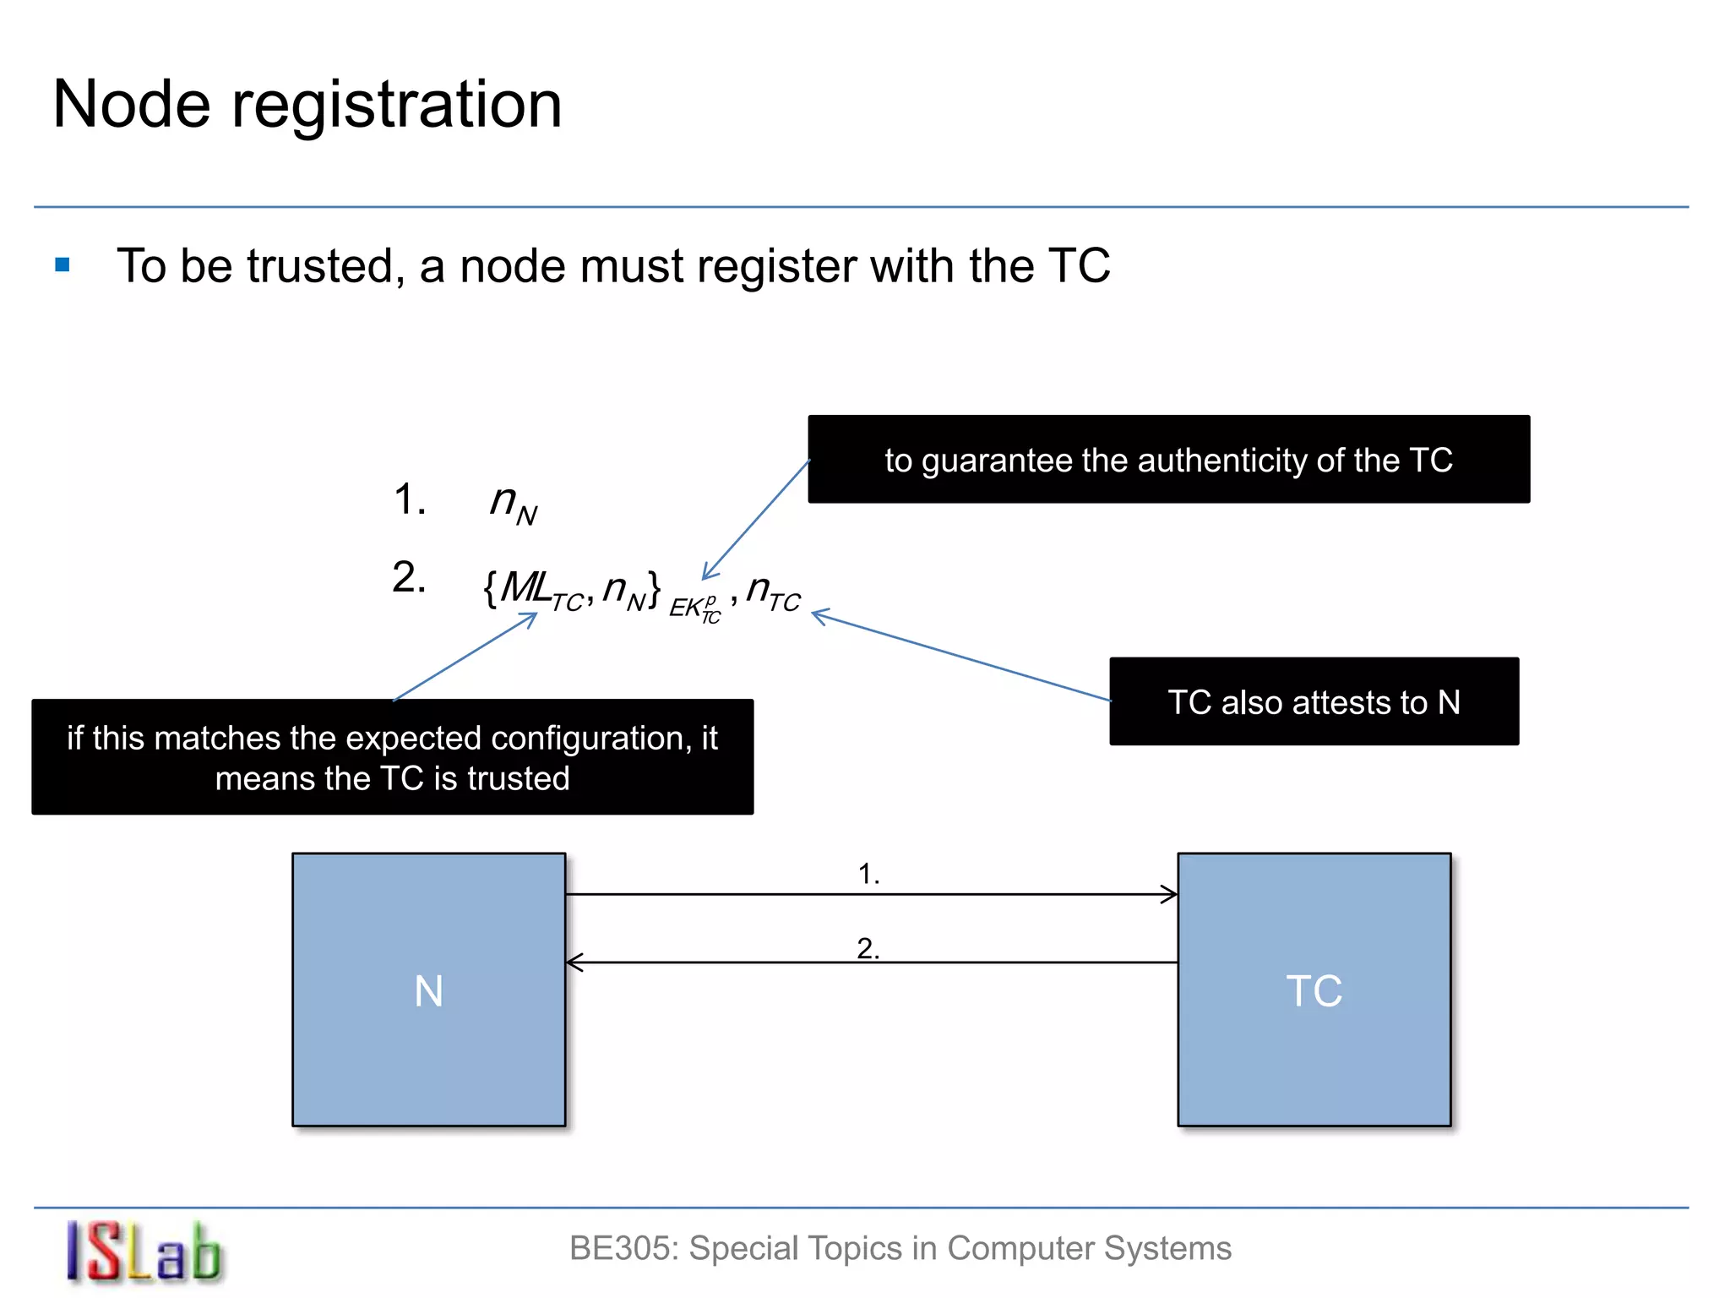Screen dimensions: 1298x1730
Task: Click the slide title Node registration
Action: click(x=307, y=104)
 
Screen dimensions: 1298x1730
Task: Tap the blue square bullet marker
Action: click(x=63, y=265)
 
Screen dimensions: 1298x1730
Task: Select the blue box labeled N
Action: click(x=428, y=990)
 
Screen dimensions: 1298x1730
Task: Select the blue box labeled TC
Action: click(x=1314, y=990)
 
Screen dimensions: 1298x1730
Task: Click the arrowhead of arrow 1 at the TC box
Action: click(x=1171, y=894)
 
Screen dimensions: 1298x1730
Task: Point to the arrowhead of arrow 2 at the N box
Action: click(x=574, y=963)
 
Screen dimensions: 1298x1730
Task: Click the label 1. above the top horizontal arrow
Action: click(x=868, y=874)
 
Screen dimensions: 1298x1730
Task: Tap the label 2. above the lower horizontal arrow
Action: click(x=868, y=948)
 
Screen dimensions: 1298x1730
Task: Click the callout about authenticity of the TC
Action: click(x=1168, y=460)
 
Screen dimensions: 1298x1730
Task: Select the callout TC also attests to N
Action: click(x=1314, y=701)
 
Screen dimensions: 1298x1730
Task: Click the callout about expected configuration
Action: click(x=392, y=757)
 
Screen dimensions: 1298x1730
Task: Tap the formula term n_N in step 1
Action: click(x=513, y=504)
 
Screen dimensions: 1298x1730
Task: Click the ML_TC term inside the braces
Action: click(x=541, y=589)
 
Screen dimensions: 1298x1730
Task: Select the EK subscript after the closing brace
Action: click(x=694, y=607)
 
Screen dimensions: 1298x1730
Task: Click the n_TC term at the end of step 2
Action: click(x=773, y=592)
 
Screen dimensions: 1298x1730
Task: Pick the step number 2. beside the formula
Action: click(x=409, y=578)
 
